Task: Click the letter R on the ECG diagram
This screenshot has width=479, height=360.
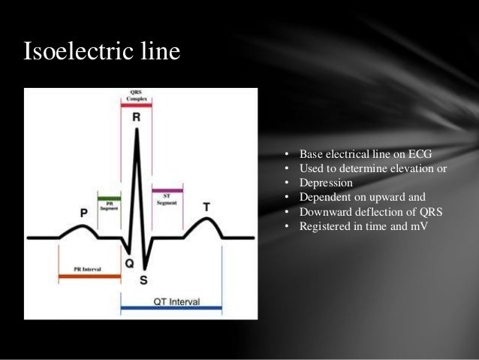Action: click(x=136, y=118)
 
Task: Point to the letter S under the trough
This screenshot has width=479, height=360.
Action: click(x=143, y=280)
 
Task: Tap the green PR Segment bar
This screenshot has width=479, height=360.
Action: click(x=110, y=197)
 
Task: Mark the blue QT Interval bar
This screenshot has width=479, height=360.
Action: click(x=172, y=307)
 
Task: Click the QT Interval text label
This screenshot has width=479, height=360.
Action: click(x=176, y=301)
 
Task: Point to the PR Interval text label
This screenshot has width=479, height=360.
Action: click(x=88, y=268)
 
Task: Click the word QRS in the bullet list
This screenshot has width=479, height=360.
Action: click(x=407, y=211)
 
